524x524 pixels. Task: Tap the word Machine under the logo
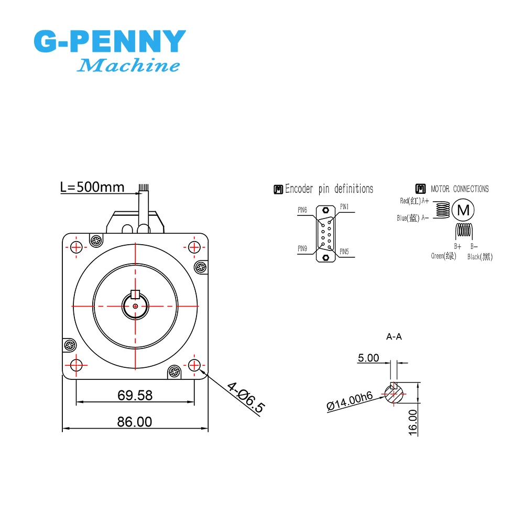(x=128, y=66)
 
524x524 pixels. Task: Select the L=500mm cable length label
(x=92, y=187)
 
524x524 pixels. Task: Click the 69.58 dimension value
(x=135, y=395)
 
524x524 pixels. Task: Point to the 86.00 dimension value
(x=135, y=421)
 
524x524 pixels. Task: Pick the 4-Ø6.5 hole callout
(x=246, y=398)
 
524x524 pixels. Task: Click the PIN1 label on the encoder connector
(x=344, y=206)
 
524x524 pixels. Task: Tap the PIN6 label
(x=302, y=210)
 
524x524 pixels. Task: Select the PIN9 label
(x=302, y=249)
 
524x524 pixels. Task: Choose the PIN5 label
(x=344, y=252)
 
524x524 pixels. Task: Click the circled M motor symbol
(x=463, y=210)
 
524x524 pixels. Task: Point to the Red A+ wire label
(x=414, y=201)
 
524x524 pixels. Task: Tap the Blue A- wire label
(x=413, y=218)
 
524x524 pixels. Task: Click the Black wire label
(x=479, y=257)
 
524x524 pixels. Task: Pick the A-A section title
(x=394, y=337)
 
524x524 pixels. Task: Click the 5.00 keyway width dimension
(x=368, y=358)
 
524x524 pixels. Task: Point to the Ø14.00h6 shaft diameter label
(x=350, y=401)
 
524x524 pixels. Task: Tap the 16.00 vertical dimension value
(x=413, y=422)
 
